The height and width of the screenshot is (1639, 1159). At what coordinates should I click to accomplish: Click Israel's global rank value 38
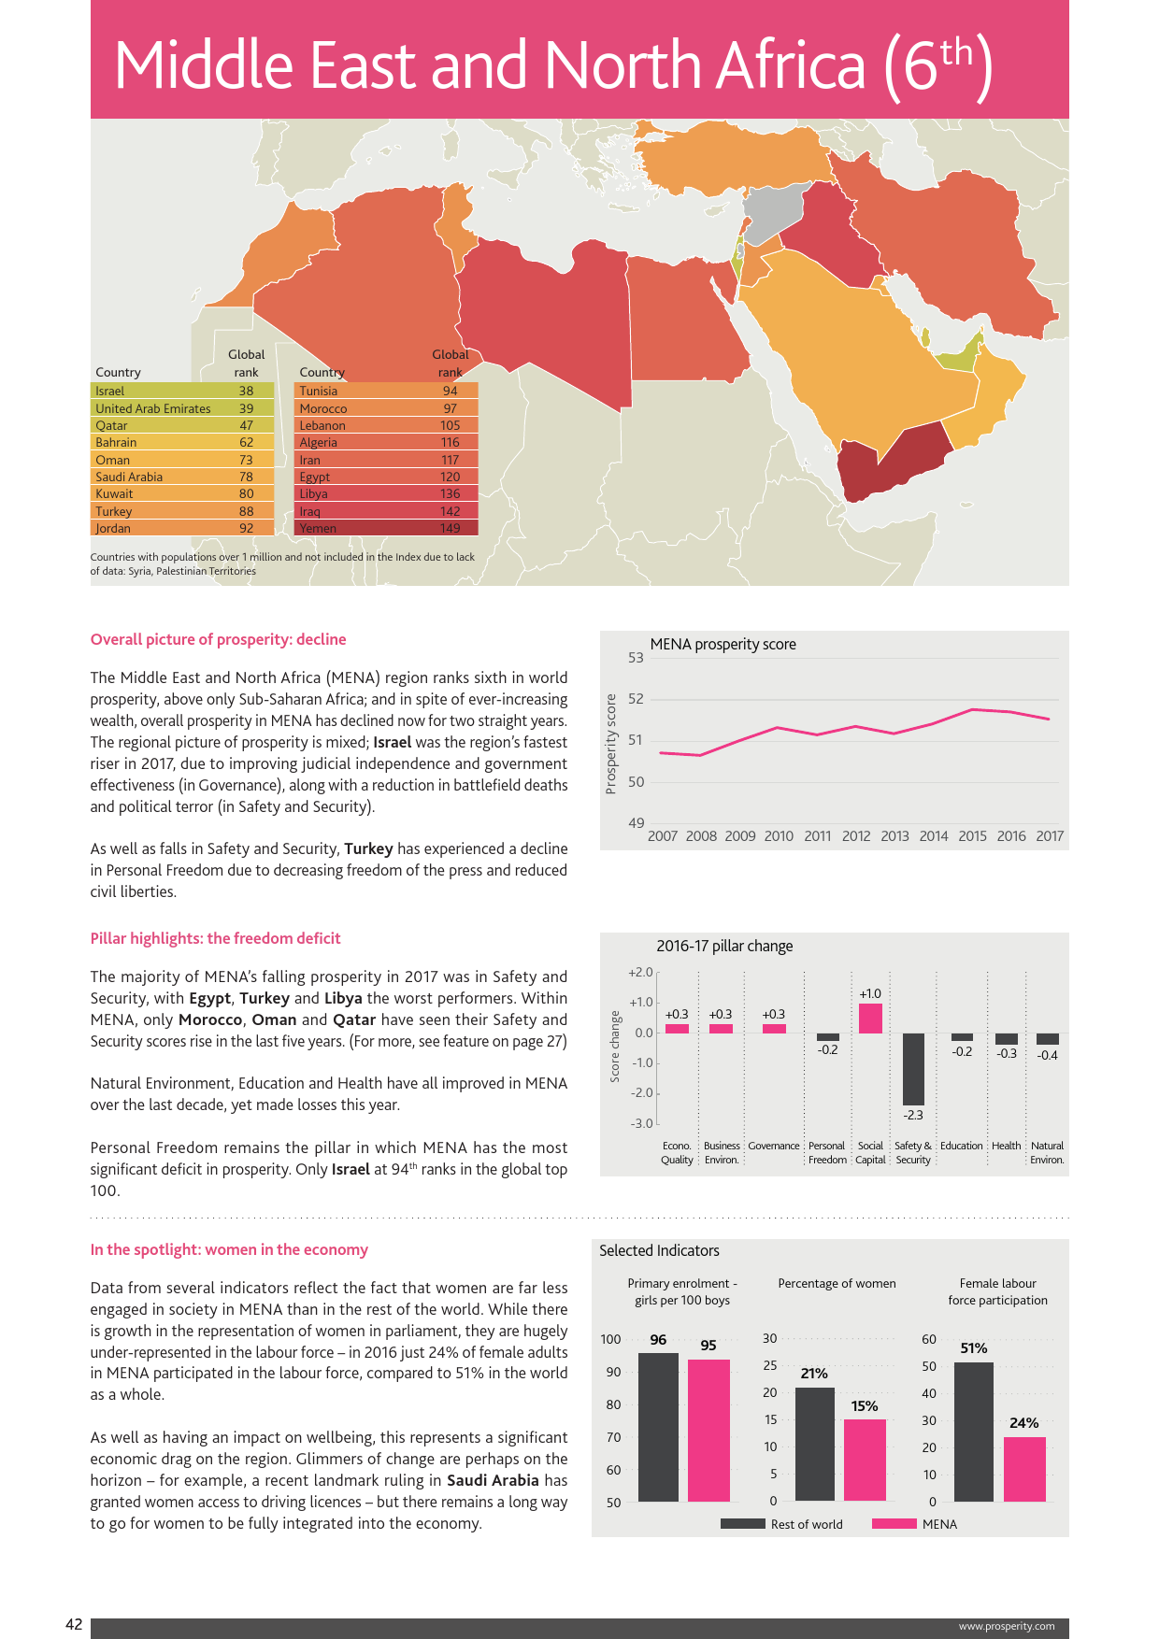click(x=246, y=392)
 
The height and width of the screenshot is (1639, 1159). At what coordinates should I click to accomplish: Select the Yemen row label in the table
click(x=318, y=529)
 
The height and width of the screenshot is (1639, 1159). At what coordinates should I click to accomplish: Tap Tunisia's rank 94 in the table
click(x=450, y=392)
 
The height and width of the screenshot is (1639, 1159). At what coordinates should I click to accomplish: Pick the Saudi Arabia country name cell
click(x=129, y=477)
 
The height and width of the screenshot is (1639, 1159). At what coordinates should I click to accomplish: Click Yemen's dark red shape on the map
click(x=888, y=463)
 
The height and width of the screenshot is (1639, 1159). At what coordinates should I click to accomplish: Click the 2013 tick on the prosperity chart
click(x=894, y=836)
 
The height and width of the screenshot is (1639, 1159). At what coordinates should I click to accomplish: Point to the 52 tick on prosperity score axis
click(x=636, y=699)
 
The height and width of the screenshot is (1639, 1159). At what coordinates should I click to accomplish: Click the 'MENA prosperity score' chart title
click(x=723, y=645)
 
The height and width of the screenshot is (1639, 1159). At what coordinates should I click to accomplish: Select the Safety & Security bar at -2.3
click(x=913, y=1069)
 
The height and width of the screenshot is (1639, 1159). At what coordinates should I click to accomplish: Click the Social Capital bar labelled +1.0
click(x=870, y=1018)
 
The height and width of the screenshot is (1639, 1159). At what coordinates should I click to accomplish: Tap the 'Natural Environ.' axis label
click(x=1047, y=1152)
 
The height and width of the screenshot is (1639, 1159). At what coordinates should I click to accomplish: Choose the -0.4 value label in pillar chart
click(x=1048, y=1056)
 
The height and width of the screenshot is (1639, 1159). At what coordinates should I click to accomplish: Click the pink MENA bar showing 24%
click(x=1024, y=1469)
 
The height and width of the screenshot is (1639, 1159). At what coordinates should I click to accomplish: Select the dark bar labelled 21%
click(x=814, y=1444)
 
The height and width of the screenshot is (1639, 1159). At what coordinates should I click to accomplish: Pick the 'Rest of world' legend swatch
click(x=743, y=1524)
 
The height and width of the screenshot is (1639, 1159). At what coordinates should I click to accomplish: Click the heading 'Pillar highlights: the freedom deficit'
click(x=215, y=939)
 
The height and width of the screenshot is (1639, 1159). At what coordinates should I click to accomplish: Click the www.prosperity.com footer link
click(x=1007, y=1627)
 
